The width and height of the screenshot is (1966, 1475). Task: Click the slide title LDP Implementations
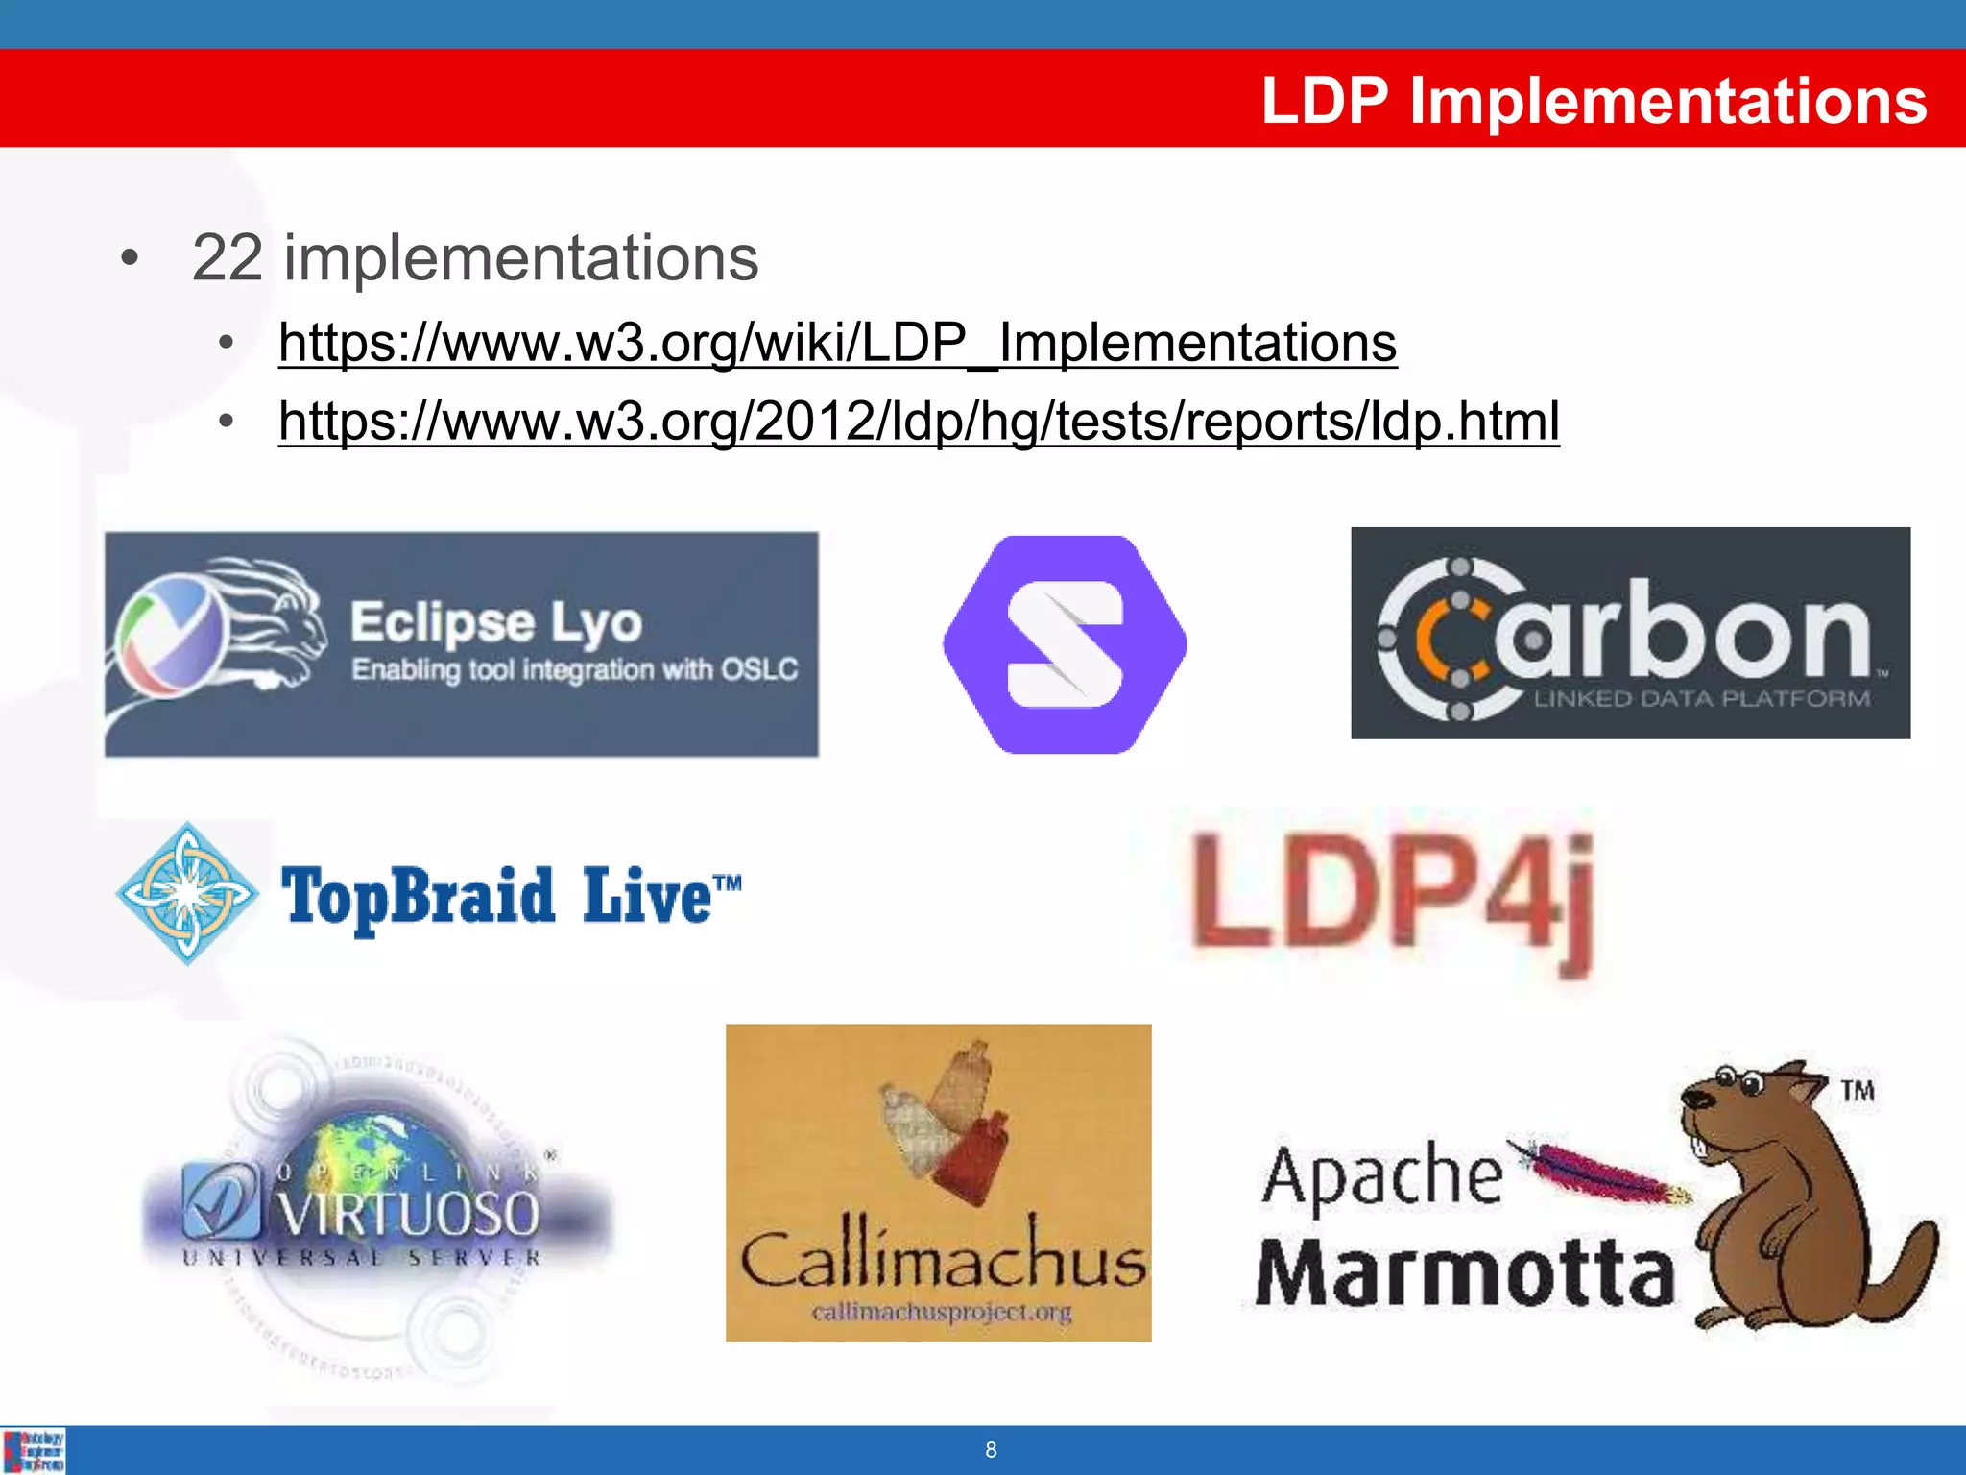(1594, 100)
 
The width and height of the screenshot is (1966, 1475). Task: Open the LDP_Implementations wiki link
(837, 343)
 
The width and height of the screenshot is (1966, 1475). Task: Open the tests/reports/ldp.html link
(919, 422)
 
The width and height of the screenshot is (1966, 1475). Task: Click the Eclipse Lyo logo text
(495, 623)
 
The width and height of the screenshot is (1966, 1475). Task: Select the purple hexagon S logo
(1065, 644)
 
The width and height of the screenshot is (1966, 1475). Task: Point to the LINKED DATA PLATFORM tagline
(1701, 699)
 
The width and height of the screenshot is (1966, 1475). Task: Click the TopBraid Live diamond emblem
(187, 893)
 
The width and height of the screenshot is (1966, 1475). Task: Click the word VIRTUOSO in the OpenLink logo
(409, 1214)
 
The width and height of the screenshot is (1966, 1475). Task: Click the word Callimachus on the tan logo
(943, 1259)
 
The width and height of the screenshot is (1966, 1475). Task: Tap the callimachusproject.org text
(941, 1312)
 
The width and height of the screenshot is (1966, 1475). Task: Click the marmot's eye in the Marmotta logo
(1750, 1085)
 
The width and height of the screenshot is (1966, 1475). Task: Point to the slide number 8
(991, 1450)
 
